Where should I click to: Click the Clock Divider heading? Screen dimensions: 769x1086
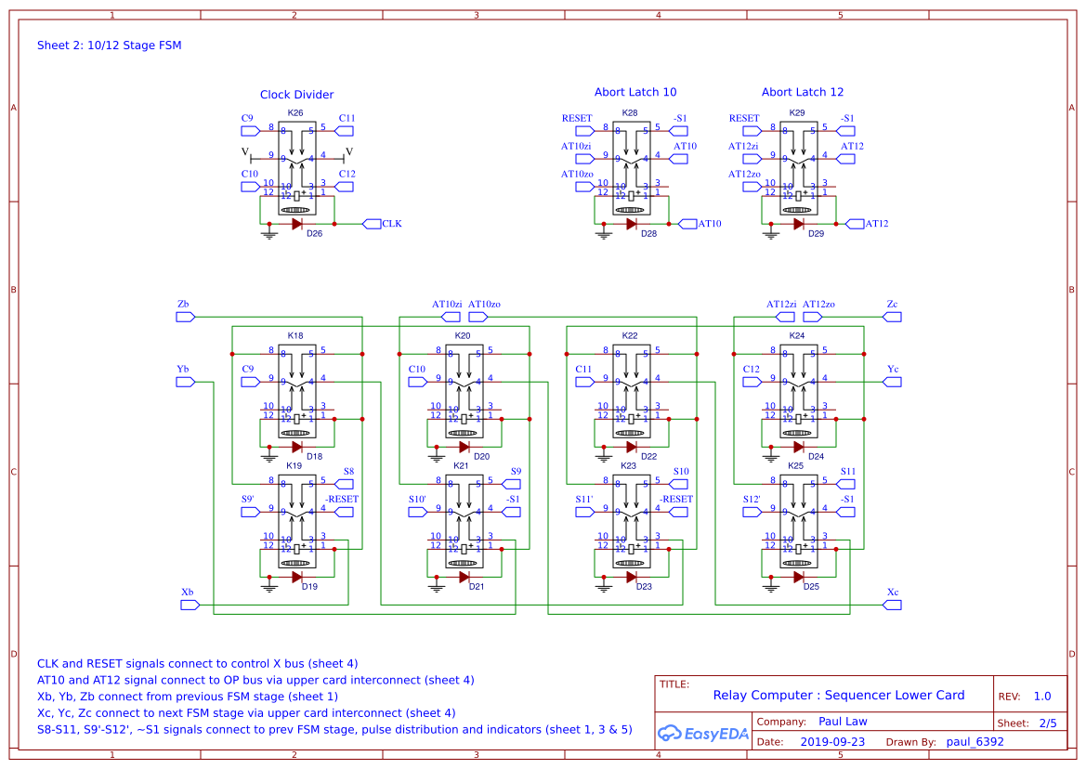pos(296,95)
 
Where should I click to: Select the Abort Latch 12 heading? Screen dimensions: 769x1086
pos(803,92)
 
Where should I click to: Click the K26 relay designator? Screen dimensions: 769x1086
pos(295,113)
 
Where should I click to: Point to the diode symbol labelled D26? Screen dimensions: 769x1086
pos(296,224)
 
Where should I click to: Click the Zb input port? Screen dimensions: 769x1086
pos(185,316)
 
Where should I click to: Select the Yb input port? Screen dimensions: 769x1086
pos(185,381)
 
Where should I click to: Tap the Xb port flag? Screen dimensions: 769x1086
pos(189,605)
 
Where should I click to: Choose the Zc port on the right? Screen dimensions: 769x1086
pos(892,316)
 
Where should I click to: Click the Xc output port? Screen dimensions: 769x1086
pos(892,605)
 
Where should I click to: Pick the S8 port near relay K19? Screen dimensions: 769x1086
pos(345,483)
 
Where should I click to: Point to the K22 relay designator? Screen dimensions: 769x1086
pos(630,335)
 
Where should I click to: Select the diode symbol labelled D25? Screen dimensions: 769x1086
pos(798,577)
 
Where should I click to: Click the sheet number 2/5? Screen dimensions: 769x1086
pos(1048,723)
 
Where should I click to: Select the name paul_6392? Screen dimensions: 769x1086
pos(975,742)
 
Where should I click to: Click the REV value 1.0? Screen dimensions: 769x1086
pos(1042,696)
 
